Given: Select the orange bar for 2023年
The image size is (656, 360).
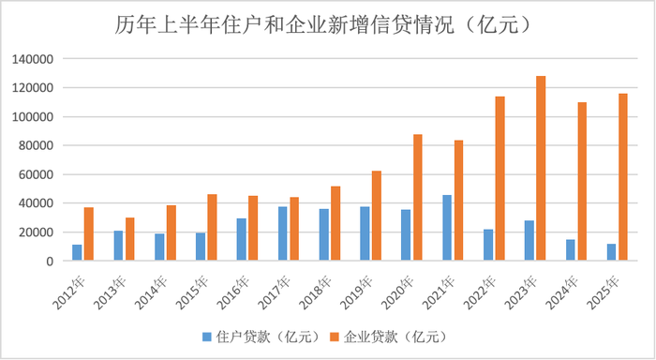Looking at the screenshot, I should click(x=541, y=169).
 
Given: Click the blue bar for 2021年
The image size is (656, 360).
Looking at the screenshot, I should click(x=447, y=228).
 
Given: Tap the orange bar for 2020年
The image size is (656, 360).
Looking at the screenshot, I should click(x=417, y=198).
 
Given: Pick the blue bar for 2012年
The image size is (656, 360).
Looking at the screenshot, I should click(x=78, y=253).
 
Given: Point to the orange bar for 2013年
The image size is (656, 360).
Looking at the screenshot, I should click(x=129, y=239).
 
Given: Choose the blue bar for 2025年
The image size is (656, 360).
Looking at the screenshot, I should click(x=611, y=252).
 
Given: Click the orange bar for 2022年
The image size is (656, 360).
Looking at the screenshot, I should click(x=499, y=179).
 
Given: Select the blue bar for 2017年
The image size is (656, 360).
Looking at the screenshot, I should click(x=283, y=233).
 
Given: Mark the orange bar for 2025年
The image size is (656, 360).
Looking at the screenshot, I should click(x=622, y=177).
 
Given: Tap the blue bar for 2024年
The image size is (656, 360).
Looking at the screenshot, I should click(x=570, y=250).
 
